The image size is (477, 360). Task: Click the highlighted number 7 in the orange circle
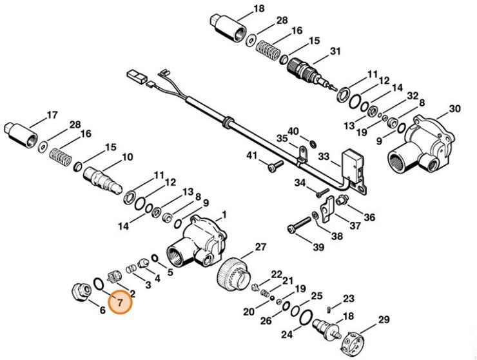[x=120, y=301]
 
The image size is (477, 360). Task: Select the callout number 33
[x=324, y=155]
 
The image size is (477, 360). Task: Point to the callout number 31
[x=335, y=51]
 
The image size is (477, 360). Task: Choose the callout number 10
[x=126, y=156]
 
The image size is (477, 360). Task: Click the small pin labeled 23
[x=331, y=306]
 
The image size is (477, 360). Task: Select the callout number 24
[x=286, y=334]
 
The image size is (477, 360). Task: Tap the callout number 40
[x=293, y=131]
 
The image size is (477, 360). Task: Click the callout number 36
[x=369, y=216]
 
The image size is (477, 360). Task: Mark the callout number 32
[x=413, y=95]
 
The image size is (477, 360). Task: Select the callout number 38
[x=337, y=235]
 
